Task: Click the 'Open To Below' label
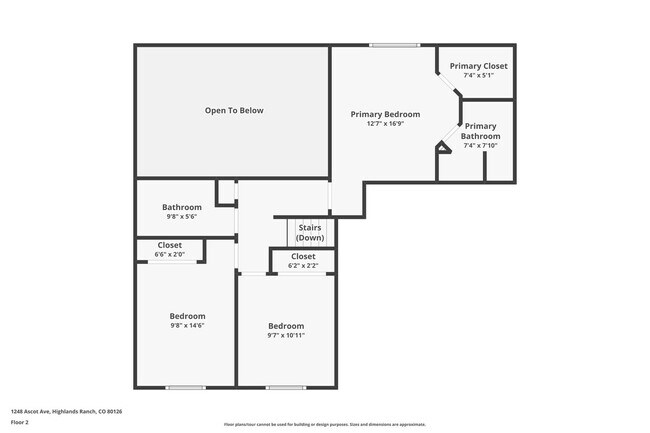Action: (234, 110)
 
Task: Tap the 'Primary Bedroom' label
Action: (385, 114)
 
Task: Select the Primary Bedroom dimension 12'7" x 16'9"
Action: (385, 124)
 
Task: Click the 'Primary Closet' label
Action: (478, 66)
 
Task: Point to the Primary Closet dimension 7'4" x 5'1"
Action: (478, 75)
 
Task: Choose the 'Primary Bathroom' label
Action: (480, 131)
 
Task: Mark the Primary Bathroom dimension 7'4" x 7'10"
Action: (480, 145)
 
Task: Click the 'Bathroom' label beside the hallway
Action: (182, 207)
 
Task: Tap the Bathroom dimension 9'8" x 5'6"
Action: (182, 216)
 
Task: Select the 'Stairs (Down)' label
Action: (310, 233)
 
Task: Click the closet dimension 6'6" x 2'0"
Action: (170, 254)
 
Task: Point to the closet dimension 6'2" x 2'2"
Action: (302, 266)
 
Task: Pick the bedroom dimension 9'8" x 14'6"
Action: (187, 325)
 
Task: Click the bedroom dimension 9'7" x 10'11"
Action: (286, 335)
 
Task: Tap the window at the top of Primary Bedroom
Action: (394, 44)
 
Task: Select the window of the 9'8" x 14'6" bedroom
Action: (185, 387)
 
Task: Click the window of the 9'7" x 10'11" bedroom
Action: (285, 387)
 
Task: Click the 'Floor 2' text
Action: (20, 423)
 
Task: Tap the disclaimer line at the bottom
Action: (324, 424)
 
